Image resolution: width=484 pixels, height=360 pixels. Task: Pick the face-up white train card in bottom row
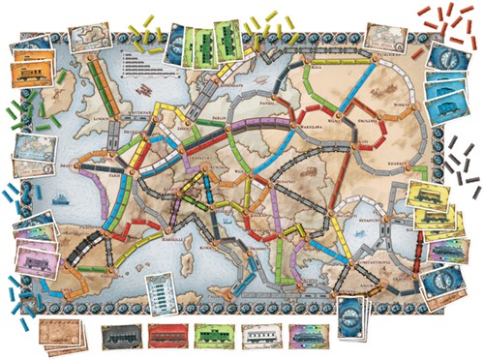[x=260, y=336]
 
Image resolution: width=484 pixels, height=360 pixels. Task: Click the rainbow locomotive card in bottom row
[x=307, y=336]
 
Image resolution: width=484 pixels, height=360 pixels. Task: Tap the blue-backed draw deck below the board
[x=350, y=315]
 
